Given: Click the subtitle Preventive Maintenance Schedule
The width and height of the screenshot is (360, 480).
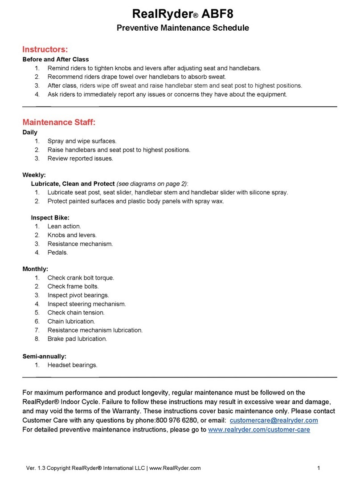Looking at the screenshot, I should [182, 28].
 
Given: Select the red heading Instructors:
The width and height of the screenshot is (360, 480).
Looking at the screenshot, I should [45, 49].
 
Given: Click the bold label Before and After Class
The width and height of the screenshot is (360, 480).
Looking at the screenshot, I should [55, 59].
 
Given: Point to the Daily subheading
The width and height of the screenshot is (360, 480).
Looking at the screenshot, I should [30, 132].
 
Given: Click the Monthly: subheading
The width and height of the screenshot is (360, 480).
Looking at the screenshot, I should [35, 269].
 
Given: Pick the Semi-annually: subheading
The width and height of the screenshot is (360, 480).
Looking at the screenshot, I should [44, 356].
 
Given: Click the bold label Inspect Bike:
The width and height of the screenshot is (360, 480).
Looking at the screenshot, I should [50, 218].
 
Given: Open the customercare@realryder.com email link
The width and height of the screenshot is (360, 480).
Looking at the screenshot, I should [274, 420].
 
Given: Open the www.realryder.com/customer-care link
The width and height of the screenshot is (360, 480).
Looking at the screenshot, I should [259, 430].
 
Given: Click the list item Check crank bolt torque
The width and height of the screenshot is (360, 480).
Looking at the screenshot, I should [81, 278].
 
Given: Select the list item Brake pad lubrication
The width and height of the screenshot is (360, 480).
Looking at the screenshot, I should [77, 339].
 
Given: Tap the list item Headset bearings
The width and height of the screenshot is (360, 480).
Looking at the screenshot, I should [72, 365].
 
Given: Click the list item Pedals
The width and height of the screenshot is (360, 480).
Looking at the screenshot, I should [57, 252].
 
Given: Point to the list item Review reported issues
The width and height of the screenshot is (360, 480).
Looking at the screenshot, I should [80, 159].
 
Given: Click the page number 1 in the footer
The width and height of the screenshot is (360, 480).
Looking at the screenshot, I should [319, 468].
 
